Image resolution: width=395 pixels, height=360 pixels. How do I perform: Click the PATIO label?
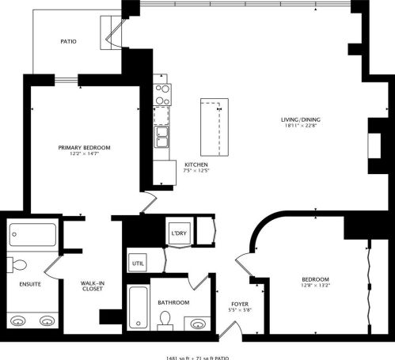[68, 41]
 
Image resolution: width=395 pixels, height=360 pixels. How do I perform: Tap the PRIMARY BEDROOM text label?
[84, 148]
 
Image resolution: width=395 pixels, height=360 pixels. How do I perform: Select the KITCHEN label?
[196, 164]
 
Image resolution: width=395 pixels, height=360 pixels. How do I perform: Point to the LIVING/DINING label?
[300, 120]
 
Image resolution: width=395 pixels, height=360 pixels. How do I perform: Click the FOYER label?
[240, 304]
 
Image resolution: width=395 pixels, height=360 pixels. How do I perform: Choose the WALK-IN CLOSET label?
[93, 286]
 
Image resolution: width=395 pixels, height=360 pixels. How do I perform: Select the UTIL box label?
[138, 262]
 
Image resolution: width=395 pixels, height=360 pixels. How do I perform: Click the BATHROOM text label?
[173, 302]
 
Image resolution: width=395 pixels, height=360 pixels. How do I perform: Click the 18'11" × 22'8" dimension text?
[300, 127]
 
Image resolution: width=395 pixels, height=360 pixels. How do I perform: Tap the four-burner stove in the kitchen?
[162, 95]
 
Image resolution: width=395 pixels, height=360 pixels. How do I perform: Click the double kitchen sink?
[162, 137]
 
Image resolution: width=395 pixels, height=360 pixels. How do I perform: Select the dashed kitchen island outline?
[211, 128]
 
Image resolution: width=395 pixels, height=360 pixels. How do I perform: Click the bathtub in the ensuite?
[32, 236]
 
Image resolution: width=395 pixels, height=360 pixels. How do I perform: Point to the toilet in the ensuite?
[18, 265]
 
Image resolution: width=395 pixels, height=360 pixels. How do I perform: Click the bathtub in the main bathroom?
[138, 310]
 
